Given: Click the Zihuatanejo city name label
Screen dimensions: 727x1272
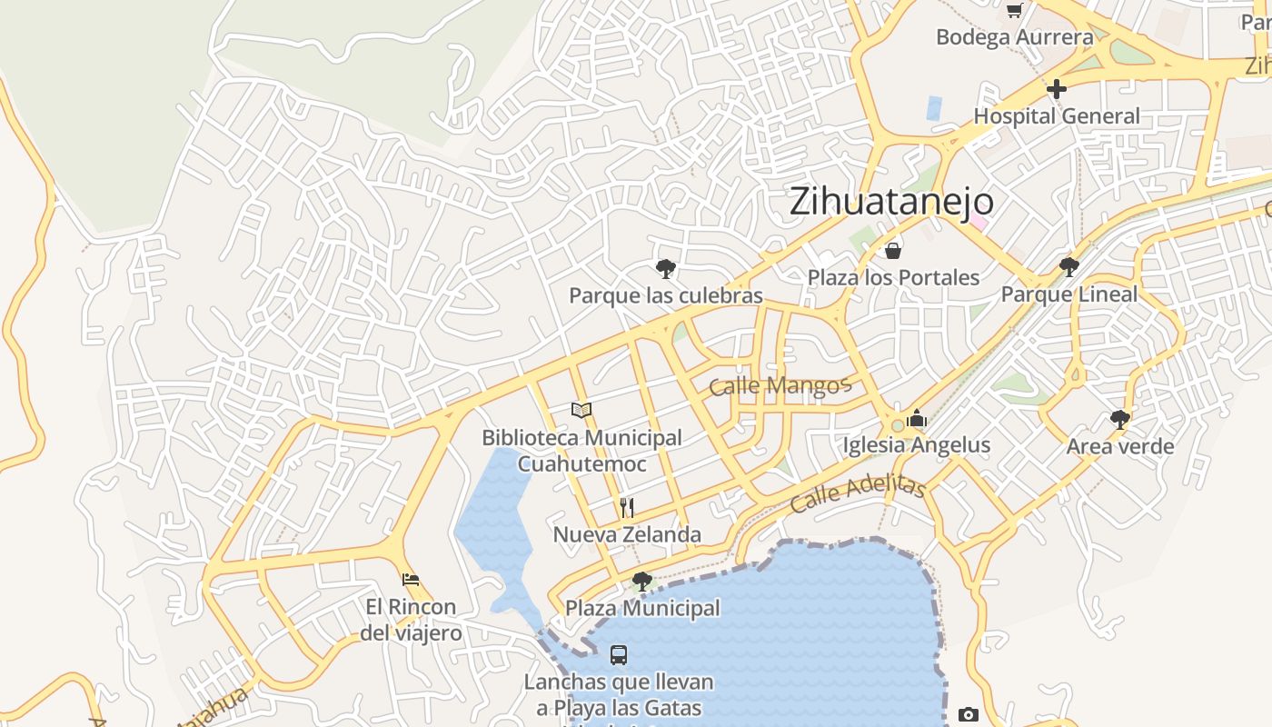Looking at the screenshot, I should click(890, 201).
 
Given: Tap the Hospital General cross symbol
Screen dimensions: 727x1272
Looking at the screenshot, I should click(1056, 90).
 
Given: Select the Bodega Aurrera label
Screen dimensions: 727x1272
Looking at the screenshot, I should click(1014, 37).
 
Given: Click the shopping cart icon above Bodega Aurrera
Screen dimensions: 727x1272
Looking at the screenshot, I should click(1014, 11).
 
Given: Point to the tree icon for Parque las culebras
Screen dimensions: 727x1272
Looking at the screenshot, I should click(666, 268).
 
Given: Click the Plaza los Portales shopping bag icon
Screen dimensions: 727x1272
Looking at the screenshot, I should click(893, 251).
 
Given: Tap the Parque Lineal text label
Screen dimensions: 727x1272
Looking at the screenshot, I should click(1068, 294).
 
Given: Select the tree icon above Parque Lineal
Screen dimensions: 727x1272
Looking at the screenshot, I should click(1069, 266).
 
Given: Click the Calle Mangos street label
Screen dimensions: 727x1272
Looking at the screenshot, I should click(779, 386).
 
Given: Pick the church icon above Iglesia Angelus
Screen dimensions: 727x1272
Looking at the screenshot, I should click(916, 418).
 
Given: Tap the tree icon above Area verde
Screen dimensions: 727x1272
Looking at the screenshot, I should click(1120, 419).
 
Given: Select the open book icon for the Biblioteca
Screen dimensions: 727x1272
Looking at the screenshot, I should click(581, 410).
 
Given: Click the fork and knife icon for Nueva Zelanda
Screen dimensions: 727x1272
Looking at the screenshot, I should click(626, 507).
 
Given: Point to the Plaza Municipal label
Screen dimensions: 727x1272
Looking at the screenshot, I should click(642, 608).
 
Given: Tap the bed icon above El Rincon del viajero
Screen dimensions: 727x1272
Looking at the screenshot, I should click(411, 579).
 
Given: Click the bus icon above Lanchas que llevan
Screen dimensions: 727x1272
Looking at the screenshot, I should click(619, 654).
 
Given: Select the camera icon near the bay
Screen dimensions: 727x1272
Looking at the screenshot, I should click(969, 714).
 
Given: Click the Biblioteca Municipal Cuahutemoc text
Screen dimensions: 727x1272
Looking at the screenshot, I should click(581, 451).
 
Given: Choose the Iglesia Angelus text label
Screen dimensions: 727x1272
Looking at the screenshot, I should click(916, 445).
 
